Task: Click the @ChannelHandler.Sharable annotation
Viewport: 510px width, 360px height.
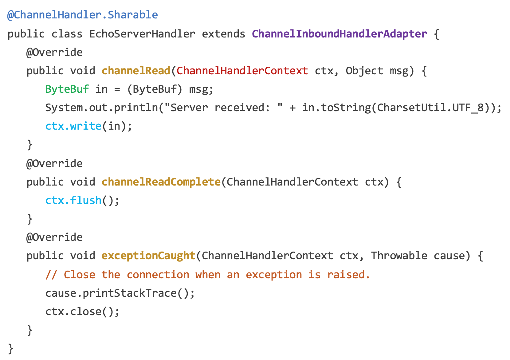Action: coord(82,15)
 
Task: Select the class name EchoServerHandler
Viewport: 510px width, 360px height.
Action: coord(142,34)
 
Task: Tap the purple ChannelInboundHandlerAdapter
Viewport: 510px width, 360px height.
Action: coord(339,34)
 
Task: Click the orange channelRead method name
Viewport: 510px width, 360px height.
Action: coord(136,71)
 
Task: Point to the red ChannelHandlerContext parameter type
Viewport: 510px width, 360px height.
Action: coord(242,71)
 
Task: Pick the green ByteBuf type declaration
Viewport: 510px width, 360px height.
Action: coord(67,89)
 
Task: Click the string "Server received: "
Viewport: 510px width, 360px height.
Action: coord(223,108)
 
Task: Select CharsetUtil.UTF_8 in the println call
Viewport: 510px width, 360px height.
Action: coord(430,108)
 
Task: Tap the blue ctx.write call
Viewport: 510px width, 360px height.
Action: coord(73,126)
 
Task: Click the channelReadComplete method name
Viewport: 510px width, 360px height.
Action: coord(161,182)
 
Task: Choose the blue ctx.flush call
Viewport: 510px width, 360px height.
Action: coord(73,201)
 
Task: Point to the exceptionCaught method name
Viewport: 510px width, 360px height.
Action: coord(148,256)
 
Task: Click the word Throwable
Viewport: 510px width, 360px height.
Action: coord(399,256)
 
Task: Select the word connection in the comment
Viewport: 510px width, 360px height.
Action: coord(158,275)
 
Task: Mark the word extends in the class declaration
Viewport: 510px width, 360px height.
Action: coord(223,34)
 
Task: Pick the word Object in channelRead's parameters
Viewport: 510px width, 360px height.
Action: coord(364,71)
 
